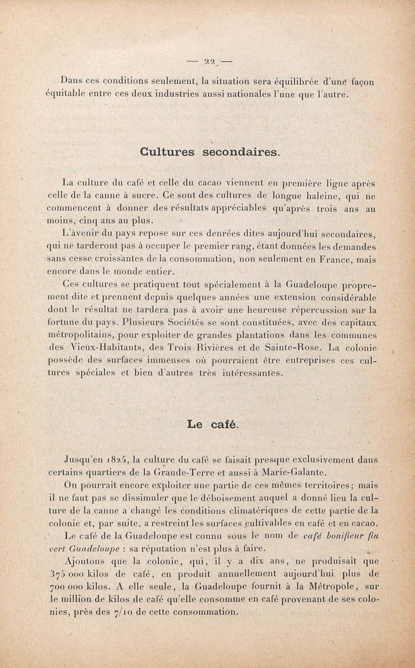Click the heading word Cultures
click(167, 152)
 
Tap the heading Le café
click(213, 425)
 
